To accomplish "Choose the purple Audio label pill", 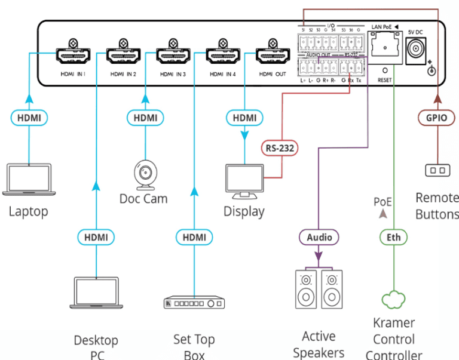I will click(319, 237).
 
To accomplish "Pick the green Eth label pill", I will click(394, 237).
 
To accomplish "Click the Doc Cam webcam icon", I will click(143, 174).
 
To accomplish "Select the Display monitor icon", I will click(244, 181).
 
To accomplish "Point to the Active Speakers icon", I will click(319, 289).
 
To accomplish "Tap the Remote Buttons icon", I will click(437, 171).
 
